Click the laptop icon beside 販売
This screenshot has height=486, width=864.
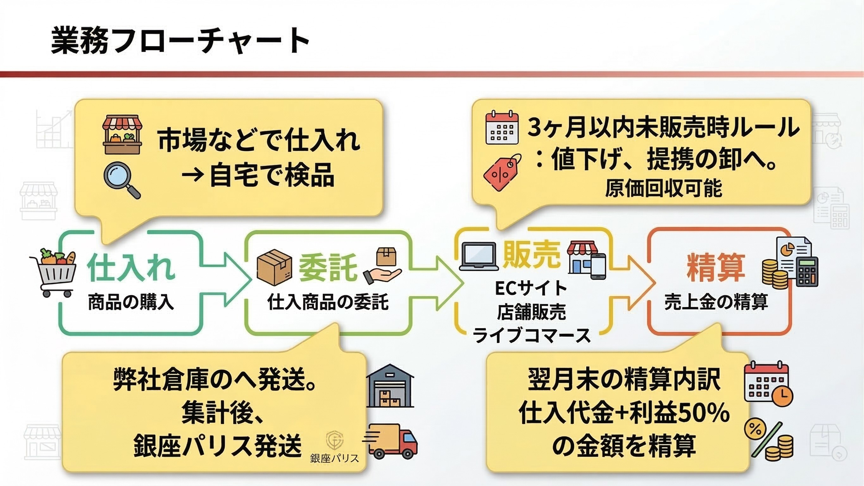(x=479, y=256)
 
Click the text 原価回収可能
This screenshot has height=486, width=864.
(x=663, y=189)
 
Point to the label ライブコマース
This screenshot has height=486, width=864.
(x=531, y=335)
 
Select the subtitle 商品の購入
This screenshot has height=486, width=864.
(x=131, y=302)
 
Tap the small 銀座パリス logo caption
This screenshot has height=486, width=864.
(x=335, y=458)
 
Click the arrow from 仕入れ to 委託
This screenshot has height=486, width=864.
(x=228, y=279)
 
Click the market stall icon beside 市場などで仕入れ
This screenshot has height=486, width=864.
(x=122, y=135)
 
